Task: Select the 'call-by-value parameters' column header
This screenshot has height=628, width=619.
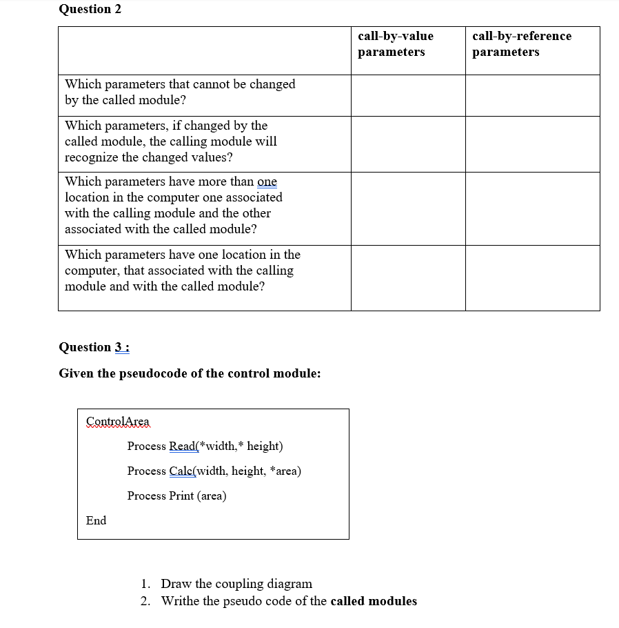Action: pyautogui.click(x=396, y=43)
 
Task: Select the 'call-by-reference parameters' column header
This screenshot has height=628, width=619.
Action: pyautogui.click(x=521, y=43)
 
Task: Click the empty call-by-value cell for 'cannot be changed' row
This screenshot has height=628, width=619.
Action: pyautogui.click(x=408, y=95)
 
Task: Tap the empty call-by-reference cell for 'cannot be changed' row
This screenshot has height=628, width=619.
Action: pyautogui.click(x=532, y=95)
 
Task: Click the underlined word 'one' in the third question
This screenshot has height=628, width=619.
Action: pyautogui.click(x=267, y=181)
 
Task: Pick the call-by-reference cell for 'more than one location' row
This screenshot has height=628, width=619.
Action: pyautogui.click(x=532, y=208)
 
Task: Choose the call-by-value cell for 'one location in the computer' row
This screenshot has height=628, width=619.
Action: pyautogui.click(x=408, y=277)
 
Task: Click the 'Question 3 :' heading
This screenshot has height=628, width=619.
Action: pyautogui.click(x=94, y=347)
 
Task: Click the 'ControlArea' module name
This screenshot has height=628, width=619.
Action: pyautogui.click(x=117, y=421)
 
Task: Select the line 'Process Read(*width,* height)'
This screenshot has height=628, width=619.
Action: pyautogui.click(x=205, y=446)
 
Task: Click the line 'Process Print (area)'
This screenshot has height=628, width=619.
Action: pyautogui.click(x=176, y=495)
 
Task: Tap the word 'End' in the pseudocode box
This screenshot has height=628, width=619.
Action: pyautogui.click(x=97, y=520)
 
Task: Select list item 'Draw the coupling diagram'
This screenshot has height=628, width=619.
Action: pyautogui.click(x=236, y=584)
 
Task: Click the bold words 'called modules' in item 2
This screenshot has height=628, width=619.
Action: pyautogui.click(x=374, y=601)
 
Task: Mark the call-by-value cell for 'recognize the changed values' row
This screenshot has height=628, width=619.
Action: pyautogui.click(x=408, y=144)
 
